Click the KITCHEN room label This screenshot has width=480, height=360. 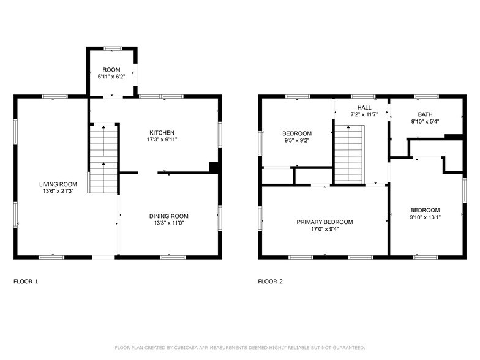click(162, 132)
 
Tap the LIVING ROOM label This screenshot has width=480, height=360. click(58, 184)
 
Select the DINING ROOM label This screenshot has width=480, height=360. click(169, 216)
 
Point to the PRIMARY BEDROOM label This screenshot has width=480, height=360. click(324, 222)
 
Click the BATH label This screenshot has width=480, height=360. click(425, 114)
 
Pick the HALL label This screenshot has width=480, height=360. click(364, 108)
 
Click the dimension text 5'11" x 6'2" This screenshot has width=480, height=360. click(111, 77)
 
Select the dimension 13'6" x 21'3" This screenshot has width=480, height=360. click(58, 191)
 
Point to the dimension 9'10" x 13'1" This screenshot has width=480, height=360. click(425, 217)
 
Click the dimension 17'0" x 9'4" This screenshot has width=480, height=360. click(324, 229)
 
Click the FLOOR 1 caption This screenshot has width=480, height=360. click(26, 282)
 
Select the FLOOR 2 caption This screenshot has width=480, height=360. click(271, 282)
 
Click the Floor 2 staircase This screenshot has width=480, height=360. click(349, 154)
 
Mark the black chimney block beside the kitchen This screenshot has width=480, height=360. click(214, 168)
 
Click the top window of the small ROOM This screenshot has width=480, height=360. click(113, 48)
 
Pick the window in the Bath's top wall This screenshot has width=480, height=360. click(426, 97)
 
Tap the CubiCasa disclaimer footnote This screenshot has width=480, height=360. click(240, 348)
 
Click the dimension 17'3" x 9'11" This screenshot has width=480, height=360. click(162, 140)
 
